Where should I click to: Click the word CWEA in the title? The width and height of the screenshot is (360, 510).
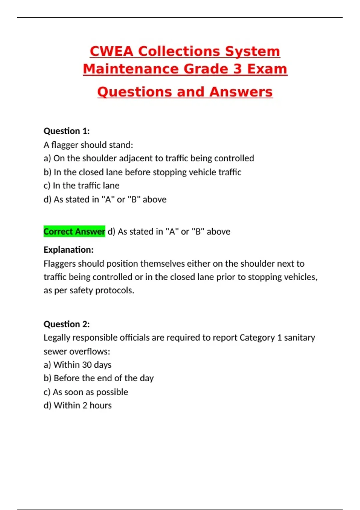point(111,51)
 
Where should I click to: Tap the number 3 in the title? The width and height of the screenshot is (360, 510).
point(237,69)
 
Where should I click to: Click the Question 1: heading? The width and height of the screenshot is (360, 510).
point(67,131)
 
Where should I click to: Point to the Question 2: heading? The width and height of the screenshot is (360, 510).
point(67,324)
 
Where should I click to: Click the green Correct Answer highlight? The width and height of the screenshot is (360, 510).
point(74,231)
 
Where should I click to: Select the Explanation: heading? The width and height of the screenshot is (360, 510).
point(68,250)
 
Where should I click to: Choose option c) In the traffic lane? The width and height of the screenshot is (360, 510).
point(81,186)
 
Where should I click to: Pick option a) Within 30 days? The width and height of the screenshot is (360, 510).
point(77,365)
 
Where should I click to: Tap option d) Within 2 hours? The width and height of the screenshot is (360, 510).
point(77,405)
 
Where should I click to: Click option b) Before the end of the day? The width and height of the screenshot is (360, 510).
point(98,378)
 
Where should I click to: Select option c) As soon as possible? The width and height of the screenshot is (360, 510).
point(86,392)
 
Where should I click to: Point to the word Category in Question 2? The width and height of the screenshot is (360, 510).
point(257,338)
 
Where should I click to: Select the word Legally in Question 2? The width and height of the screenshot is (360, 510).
point(57,338)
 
